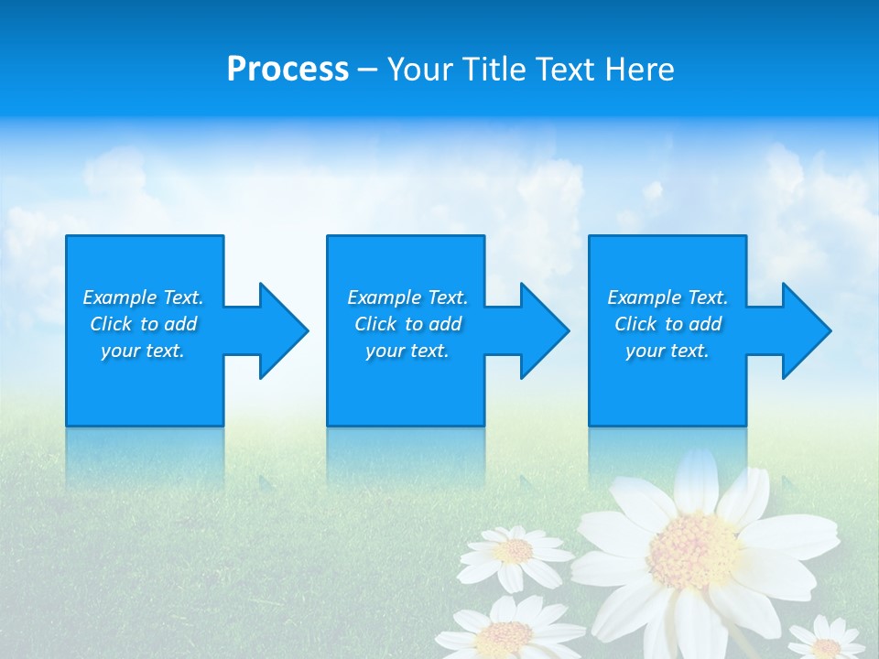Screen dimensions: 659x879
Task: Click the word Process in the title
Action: [288, 70]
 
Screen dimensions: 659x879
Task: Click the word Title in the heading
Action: [493, 70]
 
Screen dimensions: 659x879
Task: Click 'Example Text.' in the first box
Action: [143, 297]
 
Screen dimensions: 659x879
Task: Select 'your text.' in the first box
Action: [143, 351]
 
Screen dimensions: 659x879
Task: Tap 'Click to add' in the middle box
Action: [407, 324]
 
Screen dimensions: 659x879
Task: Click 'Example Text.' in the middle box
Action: [407, 297]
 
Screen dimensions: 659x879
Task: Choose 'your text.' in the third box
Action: [667, 351]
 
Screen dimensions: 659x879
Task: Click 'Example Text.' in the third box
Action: [667, 297]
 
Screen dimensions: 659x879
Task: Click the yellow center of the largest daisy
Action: [693, 549]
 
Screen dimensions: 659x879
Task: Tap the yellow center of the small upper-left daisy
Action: [515, 550]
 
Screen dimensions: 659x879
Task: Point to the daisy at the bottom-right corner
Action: [826, 643]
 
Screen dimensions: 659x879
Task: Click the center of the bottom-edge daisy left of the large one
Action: [505, 633]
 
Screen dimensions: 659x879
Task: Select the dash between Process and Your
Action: [367, 70]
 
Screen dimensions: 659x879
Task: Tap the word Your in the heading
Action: [420, 70]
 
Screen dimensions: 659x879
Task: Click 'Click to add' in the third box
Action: [667, 324]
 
